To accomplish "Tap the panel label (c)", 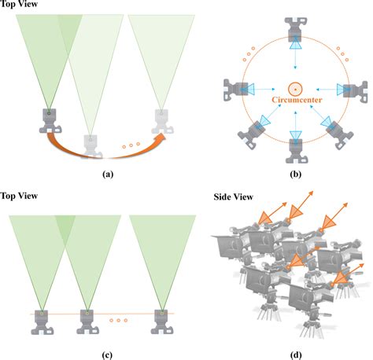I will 107,353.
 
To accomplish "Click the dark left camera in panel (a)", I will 49,119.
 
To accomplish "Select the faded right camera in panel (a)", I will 162,119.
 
